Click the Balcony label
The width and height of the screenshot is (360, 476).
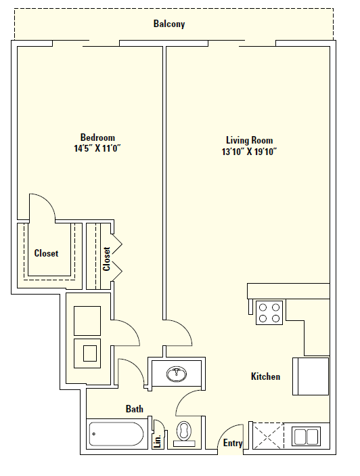coord(168,24)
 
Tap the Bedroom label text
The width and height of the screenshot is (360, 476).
coord(97,137)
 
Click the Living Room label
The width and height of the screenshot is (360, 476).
coord(250,140)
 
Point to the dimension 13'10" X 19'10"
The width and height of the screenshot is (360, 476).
coord(250,151)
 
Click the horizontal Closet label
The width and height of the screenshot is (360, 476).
coord(46,253)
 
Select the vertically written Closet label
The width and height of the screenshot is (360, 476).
coord(106,259)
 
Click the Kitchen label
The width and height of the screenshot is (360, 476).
coord(265,376)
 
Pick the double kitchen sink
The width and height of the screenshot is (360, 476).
coord(305,435)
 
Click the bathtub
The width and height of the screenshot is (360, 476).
coord(116,433)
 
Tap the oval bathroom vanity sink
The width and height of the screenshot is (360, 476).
coord(177,373)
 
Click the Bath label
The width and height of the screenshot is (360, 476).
coord(134,408)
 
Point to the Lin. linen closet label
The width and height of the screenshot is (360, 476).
coord(158,441)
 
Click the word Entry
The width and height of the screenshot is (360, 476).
coord(233,443)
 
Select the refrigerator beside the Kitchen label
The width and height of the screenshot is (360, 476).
coord(311,376)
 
